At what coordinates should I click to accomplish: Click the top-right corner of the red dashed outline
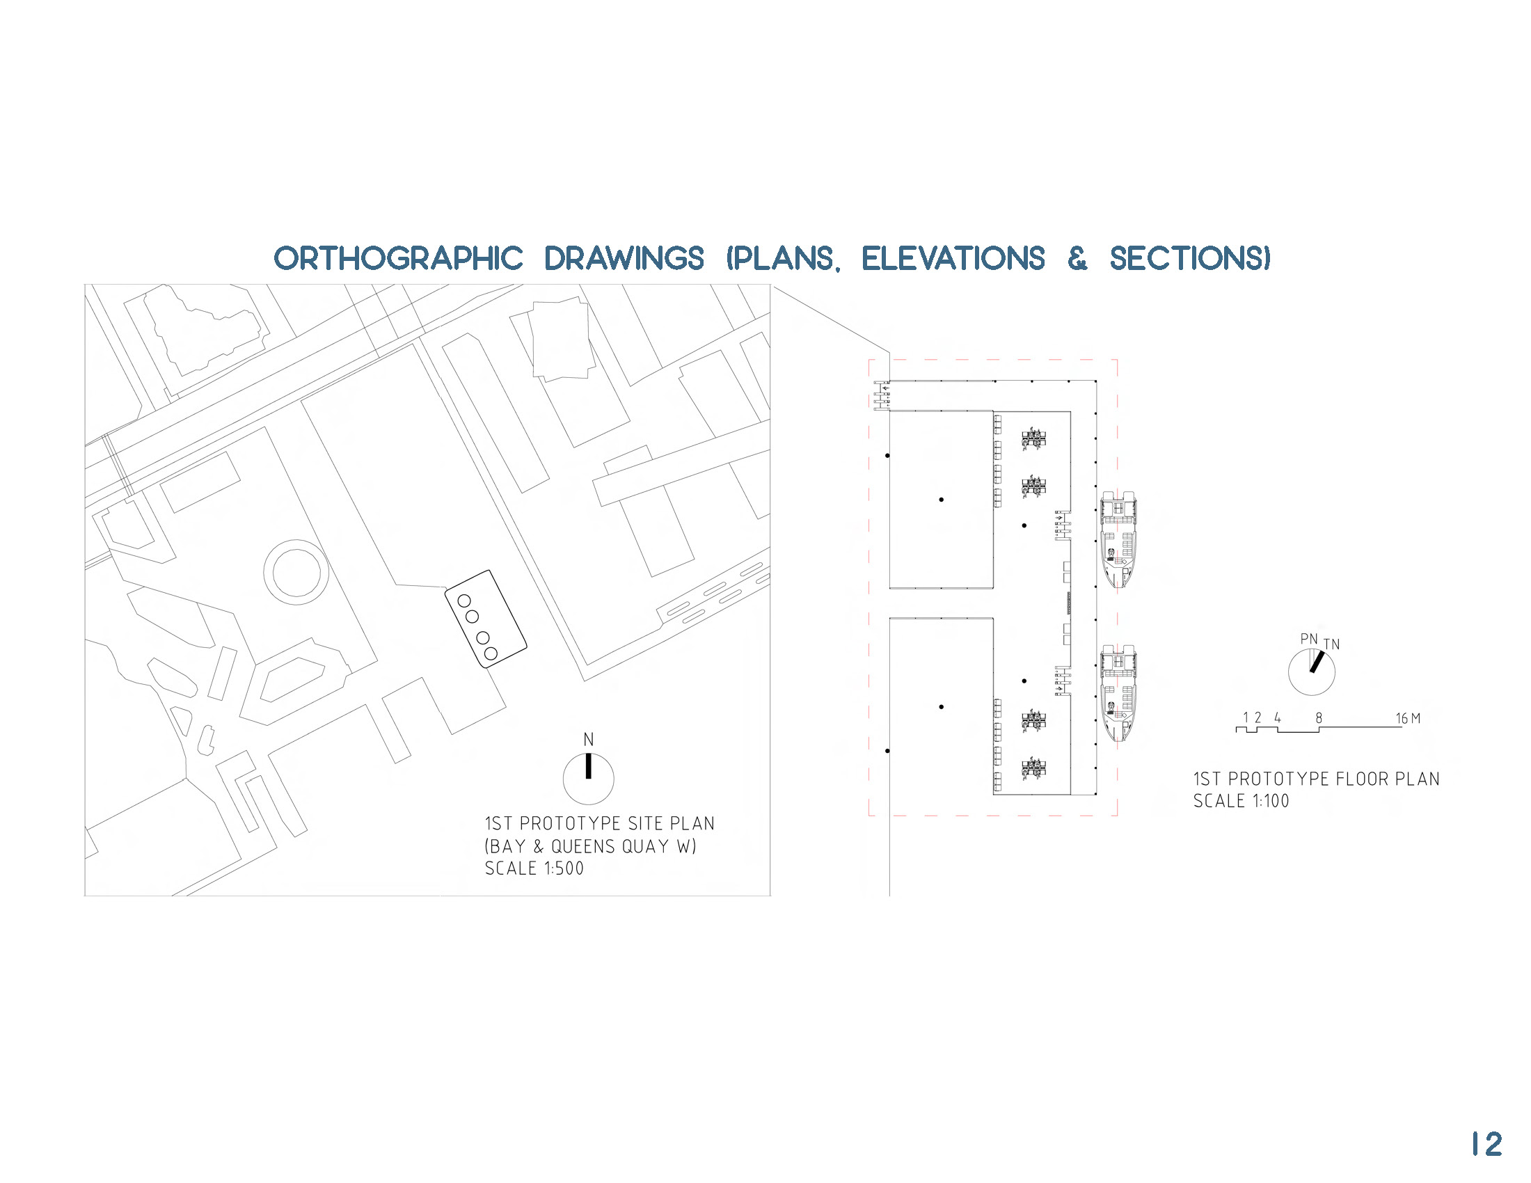coord(1117,360)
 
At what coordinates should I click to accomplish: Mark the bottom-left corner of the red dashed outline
coord(869,816)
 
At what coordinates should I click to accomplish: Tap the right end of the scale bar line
coord(1402,727)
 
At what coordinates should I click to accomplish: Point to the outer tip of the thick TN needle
coord(1322,653)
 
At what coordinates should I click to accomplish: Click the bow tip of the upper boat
coord(1118,587)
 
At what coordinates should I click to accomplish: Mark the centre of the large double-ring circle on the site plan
coord(296,572)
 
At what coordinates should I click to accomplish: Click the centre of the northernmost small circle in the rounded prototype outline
coord(464,601)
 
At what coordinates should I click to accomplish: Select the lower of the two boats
coord(1118,693)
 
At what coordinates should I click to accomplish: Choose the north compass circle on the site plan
coord(588,779)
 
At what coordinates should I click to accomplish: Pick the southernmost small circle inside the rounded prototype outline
coord(491,654)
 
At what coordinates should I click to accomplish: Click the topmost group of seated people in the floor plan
coord(1034,439)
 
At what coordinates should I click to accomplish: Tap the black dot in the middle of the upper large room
coord(942,500)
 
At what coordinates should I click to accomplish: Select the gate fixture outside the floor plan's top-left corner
coord(881,395)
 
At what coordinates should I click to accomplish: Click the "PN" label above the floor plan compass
coord(1309,638)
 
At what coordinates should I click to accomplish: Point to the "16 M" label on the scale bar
coord(1408,718)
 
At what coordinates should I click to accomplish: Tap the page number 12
coord(1486,1145)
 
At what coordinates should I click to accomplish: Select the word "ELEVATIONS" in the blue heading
coord(953,259)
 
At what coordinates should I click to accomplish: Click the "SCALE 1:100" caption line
coord(1241,801)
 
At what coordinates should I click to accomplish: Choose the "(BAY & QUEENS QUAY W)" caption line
coord(590,846)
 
